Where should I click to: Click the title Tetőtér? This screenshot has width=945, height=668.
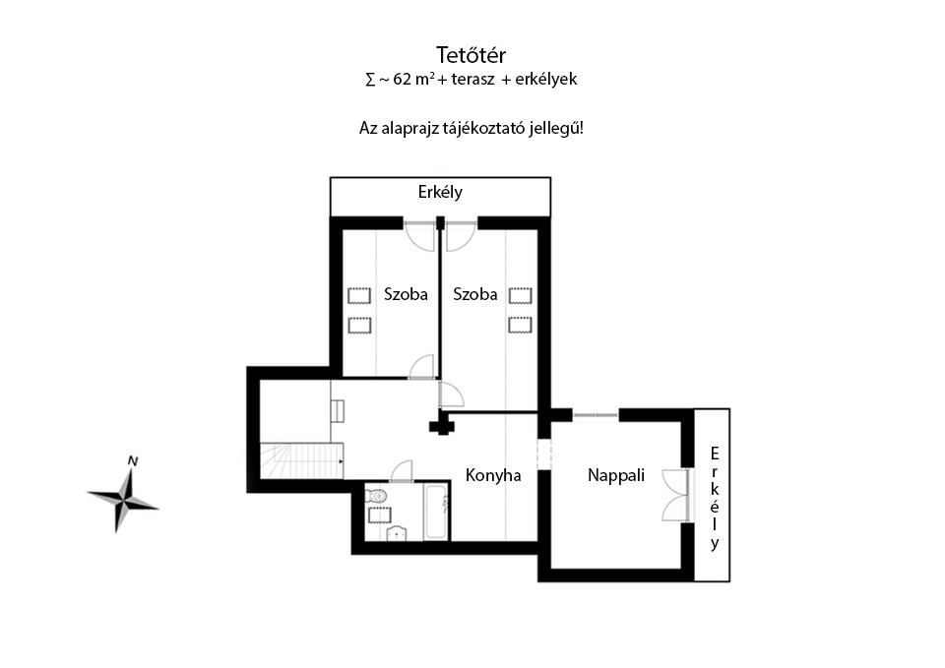[471, 55]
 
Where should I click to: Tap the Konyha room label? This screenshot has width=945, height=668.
[493, 475]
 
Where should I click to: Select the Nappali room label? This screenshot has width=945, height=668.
[616, 475]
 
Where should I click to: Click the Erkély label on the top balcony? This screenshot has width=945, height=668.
[440, 192]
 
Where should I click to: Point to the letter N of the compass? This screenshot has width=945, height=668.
[133, 461]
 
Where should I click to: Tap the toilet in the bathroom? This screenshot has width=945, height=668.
[377, 495]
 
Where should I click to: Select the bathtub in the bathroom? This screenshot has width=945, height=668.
[437, 511]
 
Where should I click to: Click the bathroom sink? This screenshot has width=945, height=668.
[396, 533]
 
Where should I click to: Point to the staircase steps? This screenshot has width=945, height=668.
[301, 460]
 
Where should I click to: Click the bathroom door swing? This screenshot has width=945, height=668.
[403, 471]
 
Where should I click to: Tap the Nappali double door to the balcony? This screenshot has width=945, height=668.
[675, 495]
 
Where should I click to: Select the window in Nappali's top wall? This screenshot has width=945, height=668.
[595, 415]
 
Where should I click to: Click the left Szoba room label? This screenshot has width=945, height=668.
[406, 294]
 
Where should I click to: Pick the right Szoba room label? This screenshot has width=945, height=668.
[474, 294]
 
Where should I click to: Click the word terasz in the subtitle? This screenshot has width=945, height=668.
[472, 79]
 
